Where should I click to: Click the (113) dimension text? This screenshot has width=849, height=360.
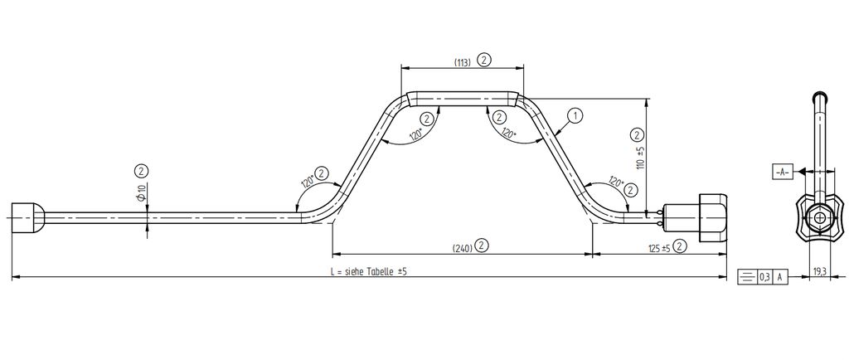[462, 61]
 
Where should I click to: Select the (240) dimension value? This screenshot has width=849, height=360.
[462, 249]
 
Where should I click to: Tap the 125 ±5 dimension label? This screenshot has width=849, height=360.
[659, 249]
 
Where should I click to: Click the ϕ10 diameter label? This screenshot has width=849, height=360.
[141, 192]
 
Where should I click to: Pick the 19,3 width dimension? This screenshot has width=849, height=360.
[819, 273]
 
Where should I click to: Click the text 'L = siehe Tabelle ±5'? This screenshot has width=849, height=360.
[368, 272]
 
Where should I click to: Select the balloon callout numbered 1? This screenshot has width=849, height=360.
[575, 115]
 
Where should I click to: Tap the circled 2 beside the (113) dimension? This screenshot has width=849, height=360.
[483, 60]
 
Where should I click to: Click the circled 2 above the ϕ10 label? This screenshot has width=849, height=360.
[141, 172]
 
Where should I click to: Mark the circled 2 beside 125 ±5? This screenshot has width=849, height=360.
[682, 246]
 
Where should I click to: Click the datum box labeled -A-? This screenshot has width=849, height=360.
[781, 173]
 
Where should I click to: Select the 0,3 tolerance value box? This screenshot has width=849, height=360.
[764, 277]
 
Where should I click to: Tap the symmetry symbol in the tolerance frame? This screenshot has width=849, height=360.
[747, 277]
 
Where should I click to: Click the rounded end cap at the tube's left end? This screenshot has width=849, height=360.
[27, 217]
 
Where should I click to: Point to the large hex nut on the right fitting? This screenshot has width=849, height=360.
[713, 217]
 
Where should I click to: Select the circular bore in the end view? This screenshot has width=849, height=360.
[820, 217]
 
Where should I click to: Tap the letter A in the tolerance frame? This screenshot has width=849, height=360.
[779, 277]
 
